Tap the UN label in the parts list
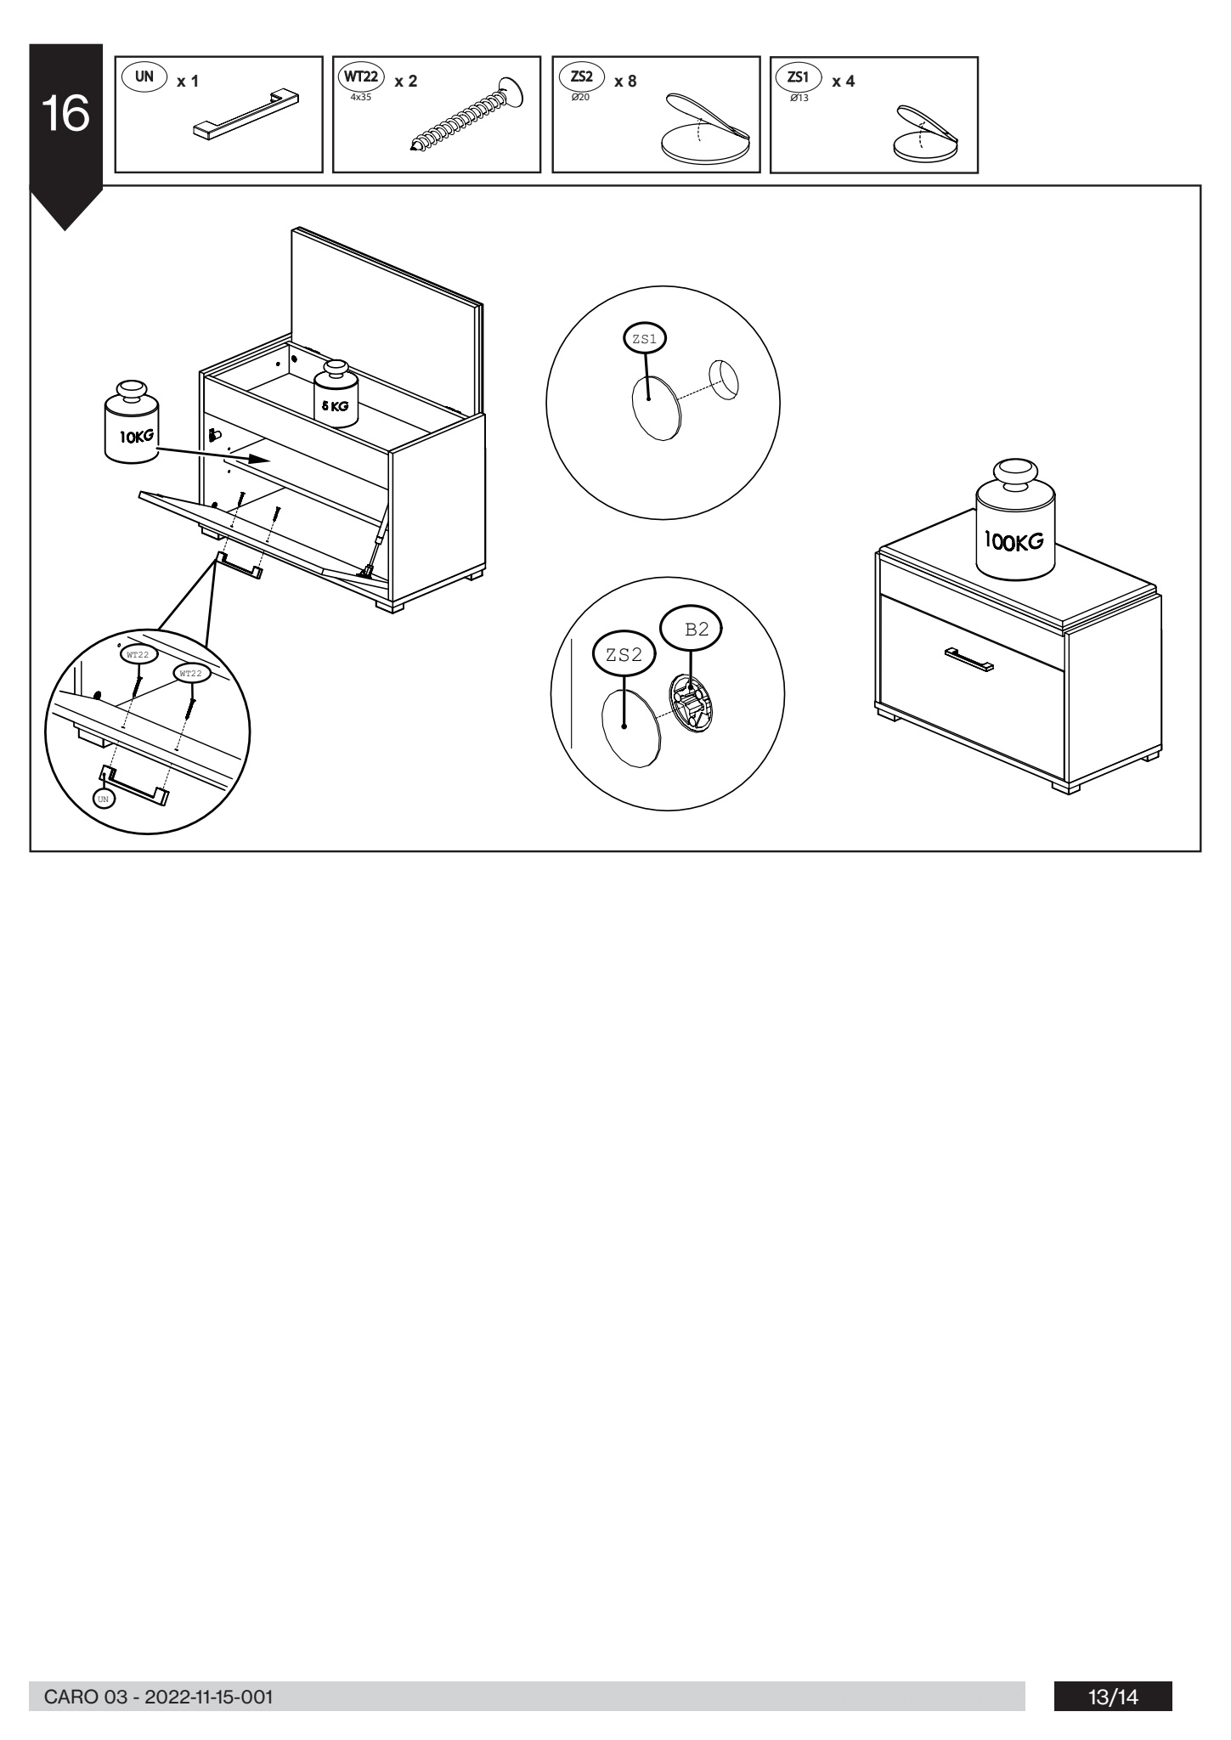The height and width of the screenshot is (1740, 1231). coord(145,76)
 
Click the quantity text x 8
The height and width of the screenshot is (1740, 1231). coord(624,81)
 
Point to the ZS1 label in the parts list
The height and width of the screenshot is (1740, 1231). coord(799,77)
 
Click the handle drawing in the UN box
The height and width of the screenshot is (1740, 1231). coord(246,113)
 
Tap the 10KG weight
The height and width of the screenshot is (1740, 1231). coord(131,422)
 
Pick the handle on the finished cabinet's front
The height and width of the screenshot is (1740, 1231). coord(969,659)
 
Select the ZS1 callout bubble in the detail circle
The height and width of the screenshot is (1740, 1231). coord(645,339)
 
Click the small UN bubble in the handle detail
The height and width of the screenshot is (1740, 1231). coord(103,799)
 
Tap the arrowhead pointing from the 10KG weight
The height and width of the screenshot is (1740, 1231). coord(263,460)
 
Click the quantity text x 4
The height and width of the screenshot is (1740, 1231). coord(843,82)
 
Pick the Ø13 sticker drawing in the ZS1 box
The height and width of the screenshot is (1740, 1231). coord(925,135)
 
